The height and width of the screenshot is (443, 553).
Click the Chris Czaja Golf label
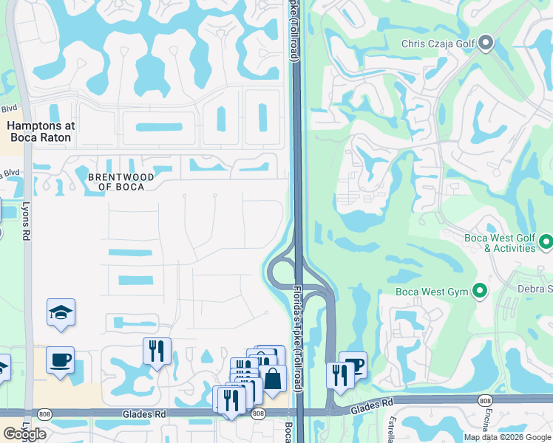pos(438,44)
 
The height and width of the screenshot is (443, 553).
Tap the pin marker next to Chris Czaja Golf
pos(486,44)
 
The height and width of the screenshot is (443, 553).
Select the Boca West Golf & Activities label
pos(499,243)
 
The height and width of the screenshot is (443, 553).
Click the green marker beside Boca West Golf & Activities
pos(546,242)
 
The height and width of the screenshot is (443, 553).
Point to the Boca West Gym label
pos(432,292)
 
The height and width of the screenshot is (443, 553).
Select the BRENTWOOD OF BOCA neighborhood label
pos(121,182)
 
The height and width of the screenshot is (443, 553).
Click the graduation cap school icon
pos(61,312)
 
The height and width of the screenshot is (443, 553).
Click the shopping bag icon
pos(272,379)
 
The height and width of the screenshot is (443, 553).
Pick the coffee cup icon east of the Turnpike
pos(354,365)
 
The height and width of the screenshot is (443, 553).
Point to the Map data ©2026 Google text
pos(507,437)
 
